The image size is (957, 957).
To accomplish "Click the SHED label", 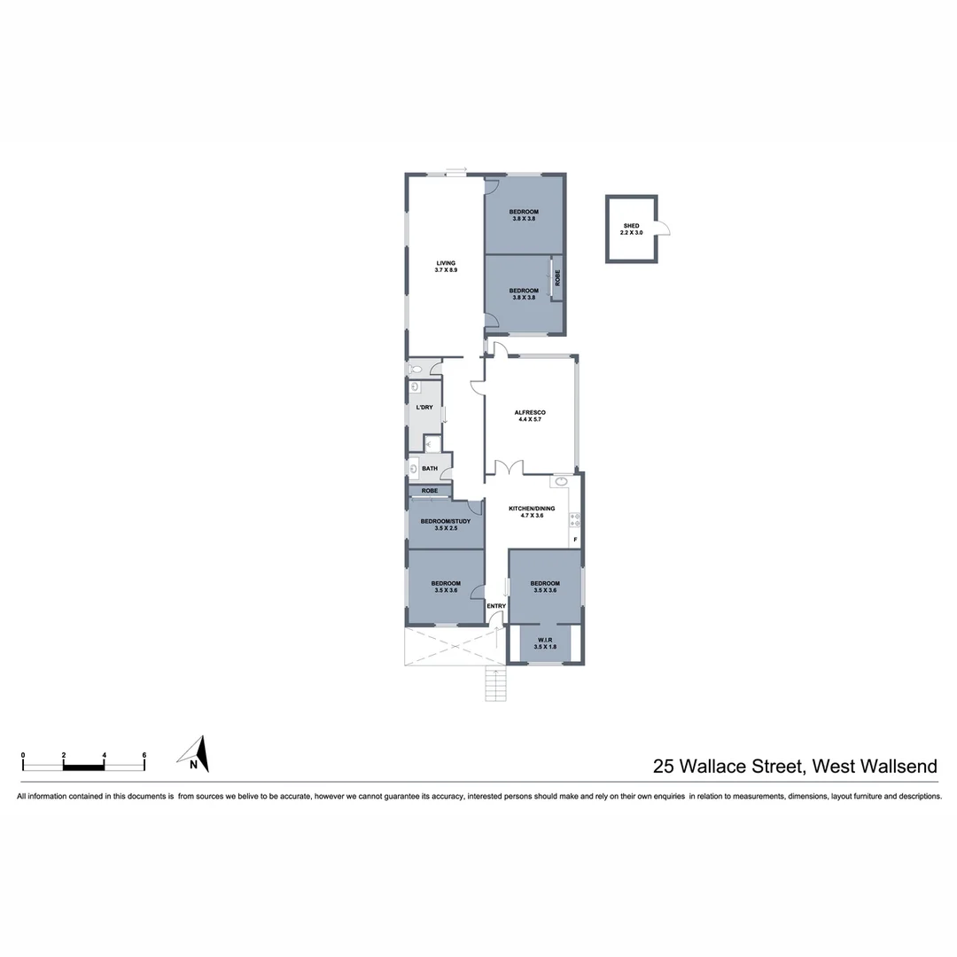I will pyautogui.click(x=631, y=227).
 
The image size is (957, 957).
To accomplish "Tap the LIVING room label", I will pyautogui.click(x=445, y=263).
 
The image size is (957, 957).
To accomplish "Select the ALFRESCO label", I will pyautogui.click(x=529, y=413).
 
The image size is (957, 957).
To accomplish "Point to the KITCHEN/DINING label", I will pyautogui.click(x=531, y=509).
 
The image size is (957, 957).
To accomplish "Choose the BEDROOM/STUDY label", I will pyautogui.click(x=445, y=521).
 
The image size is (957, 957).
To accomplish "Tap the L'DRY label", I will pyautogui.click(x=424, y=407).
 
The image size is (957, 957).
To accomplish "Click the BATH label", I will pyautogui.click(x=430, y=469).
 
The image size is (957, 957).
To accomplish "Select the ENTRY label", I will pyautogui.click(x=496, y=606).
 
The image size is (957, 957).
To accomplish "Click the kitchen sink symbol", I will pyautogui.click(x=561, y=483).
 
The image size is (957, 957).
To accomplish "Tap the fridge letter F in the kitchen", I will pyautogui.click(x=575, y=540).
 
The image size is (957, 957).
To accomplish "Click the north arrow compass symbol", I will pyautogui.click(x=198, y=754).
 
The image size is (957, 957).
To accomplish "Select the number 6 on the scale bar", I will pyautogui.click(x=144, y=756).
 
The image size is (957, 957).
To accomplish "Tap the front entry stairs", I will pyautogui.click(x=495, y=685).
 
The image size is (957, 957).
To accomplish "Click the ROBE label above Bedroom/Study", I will pyautogui.click(x=430, y=490).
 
